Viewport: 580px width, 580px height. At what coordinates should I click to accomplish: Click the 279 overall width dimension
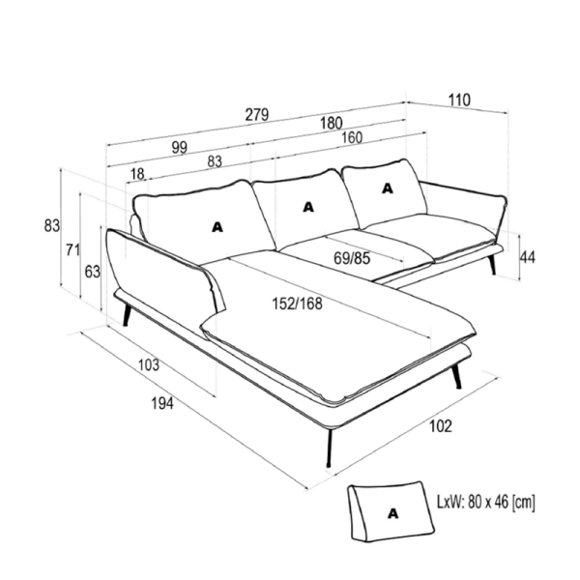coord(257,115)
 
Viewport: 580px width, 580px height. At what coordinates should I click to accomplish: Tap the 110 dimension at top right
coord(459,101)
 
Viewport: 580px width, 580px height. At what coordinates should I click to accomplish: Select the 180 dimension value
coord(331,123)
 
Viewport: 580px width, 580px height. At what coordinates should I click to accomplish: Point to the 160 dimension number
coord(352,137)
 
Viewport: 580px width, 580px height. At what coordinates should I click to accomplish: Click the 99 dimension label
coord(180,148)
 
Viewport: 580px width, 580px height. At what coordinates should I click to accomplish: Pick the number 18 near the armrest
coord(137,173)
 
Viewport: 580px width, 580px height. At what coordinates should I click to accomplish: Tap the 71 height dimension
coord(72,250)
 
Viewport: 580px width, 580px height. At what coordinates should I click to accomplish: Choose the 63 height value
coord(93,272)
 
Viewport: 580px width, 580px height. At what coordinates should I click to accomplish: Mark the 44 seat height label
coord(528,257)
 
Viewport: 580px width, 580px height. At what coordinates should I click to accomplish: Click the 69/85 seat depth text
coord(352,258)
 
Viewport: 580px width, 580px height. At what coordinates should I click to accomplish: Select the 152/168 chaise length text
coord(298,304)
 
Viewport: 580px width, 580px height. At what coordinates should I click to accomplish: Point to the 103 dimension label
coord(149,364)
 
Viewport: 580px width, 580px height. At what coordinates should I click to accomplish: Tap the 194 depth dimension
coord(162,403)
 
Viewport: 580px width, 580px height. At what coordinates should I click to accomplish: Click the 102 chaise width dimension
coord(441,426)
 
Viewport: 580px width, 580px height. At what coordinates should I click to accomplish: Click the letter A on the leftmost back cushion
coord(217,227)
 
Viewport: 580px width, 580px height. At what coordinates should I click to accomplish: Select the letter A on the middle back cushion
coord(308,207)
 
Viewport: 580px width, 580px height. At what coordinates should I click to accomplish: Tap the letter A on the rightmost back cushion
coord(388,188)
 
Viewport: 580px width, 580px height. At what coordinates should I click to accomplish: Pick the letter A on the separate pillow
coord(392,513)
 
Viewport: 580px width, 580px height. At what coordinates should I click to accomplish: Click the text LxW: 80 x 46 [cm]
coord(486,503)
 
